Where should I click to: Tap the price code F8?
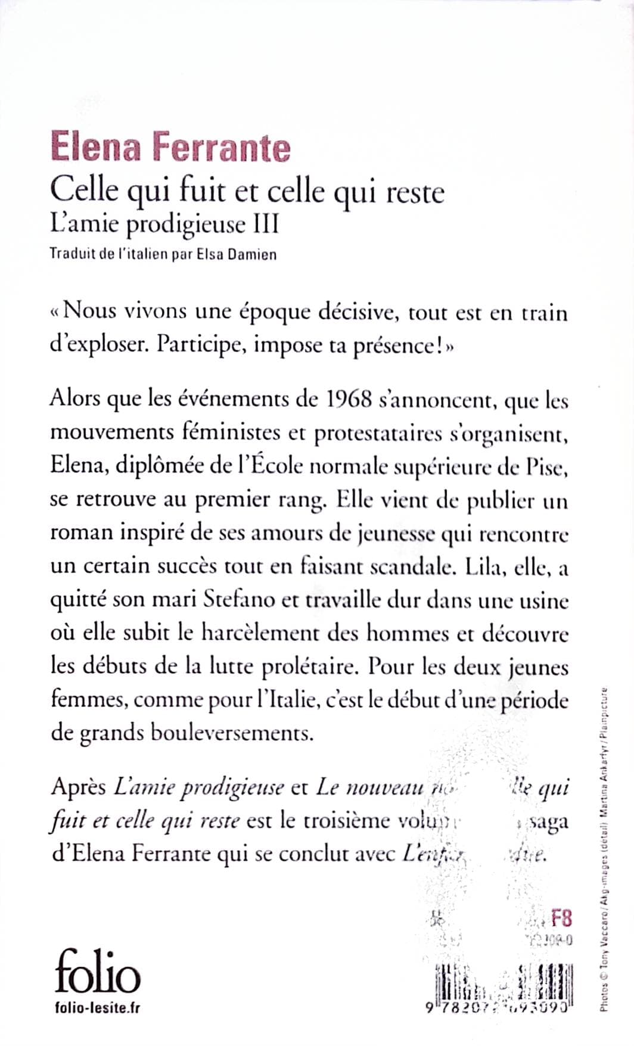(x=561, y=918)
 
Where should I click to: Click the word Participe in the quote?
(x=202, y=346)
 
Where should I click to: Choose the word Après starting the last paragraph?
(x=78, y=788)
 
